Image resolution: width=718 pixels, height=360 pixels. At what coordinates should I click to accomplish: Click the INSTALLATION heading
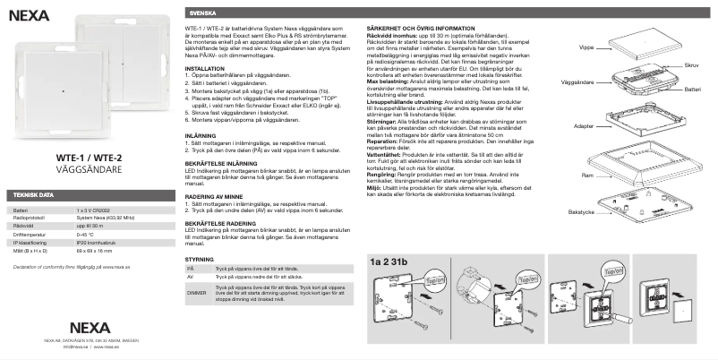coord(206,68)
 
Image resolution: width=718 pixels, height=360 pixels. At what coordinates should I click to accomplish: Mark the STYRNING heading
coord(201,257)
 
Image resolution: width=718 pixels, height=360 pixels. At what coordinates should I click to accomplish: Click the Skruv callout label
coord(690,65)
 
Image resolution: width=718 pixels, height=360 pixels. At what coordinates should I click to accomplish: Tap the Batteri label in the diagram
coord(692,90)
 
